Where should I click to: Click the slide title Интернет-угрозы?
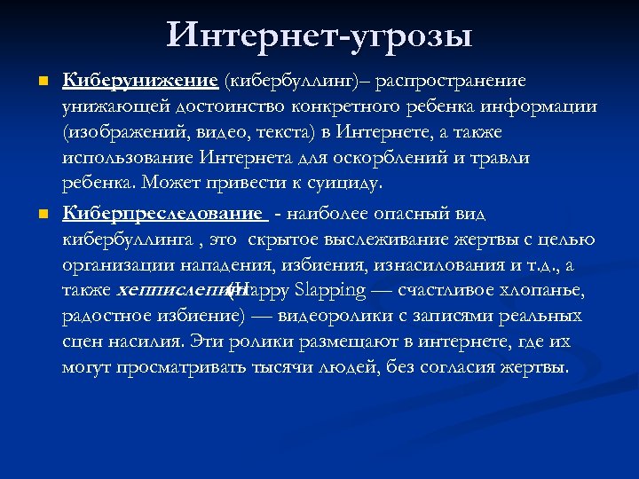pos(319,35)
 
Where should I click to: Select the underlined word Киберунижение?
pos(140,82)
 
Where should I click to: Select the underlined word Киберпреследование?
pos(163,214)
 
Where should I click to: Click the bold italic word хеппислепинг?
pos(170,290)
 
